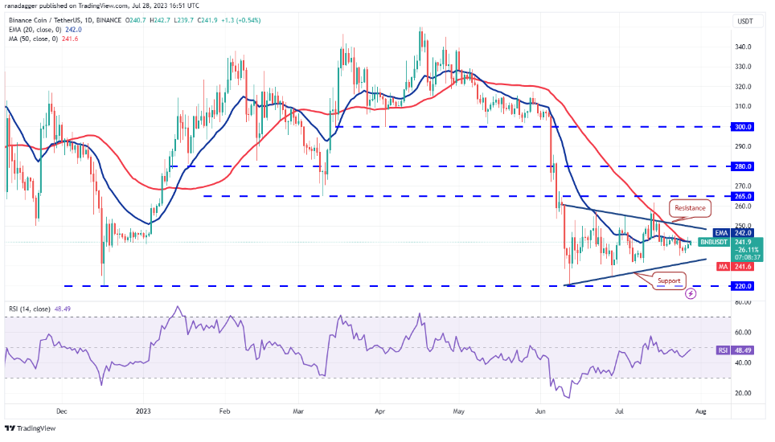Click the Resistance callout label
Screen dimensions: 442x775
coord(689,208)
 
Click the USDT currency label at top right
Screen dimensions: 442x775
coord(745,22)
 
